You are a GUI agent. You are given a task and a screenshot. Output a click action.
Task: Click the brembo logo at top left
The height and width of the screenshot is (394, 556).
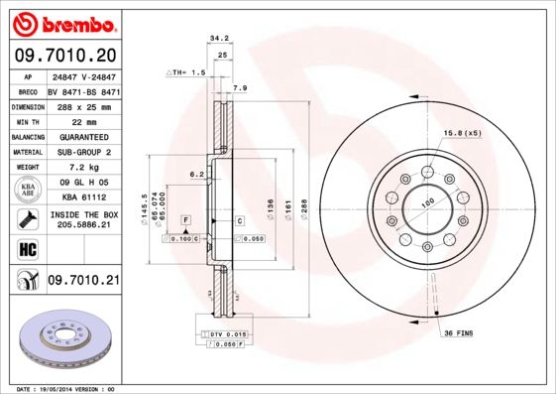62,22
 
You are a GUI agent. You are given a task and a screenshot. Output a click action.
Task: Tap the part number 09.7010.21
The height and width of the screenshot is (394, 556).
83,282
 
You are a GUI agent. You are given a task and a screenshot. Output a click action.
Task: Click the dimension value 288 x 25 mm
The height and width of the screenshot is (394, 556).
83,106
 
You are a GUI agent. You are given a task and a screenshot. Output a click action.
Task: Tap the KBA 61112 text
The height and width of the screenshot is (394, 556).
83,197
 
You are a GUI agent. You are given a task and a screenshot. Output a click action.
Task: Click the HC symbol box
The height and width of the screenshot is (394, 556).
24,247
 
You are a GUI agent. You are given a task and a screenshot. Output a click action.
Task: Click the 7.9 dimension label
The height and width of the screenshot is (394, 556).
239,89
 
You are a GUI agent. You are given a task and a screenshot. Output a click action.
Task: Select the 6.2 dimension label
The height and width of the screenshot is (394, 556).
196,174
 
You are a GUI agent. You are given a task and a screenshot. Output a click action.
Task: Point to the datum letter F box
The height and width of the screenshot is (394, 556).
184,218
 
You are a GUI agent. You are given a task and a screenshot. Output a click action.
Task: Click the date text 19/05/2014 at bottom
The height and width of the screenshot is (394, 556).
63,388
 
